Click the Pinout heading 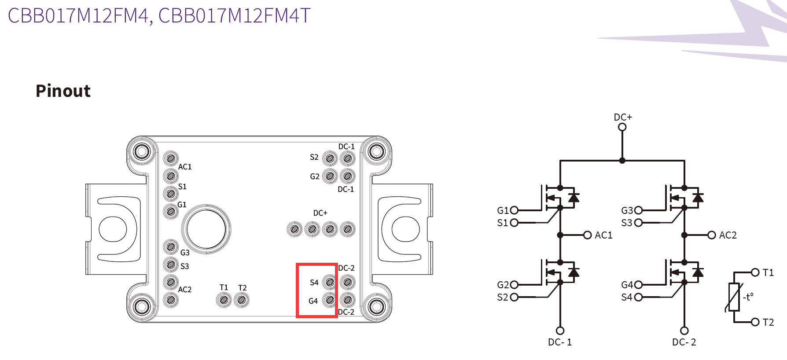[63, 91]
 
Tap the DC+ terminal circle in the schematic [622, 127]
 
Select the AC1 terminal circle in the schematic [587, 235]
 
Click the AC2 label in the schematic [728, 235]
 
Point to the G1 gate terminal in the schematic [514, 210]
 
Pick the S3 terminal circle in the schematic [638, 223]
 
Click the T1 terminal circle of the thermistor [755, 272]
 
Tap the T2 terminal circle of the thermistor [755, 322]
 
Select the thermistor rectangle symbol [734, 297]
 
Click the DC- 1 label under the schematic [560, 342]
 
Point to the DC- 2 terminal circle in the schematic [684, 331]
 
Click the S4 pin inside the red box [329, 282]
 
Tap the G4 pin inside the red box [329, 300]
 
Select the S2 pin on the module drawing [330, 158]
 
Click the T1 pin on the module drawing [224, 300]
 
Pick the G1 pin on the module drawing [171, 211]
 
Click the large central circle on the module [206, 229]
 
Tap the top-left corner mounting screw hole [142, 152]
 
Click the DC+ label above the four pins [320, 213]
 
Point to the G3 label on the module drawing [185, 253]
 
